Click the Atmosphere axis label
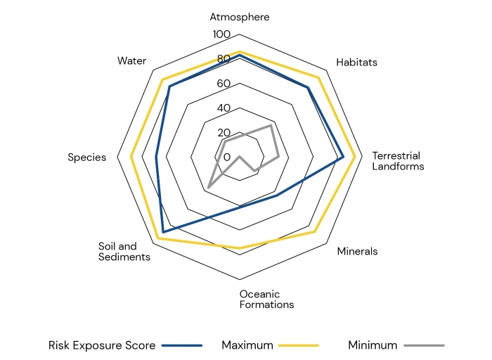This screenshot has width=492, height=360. [240, 17]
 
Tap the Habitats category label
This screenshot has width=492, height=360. [356, 62]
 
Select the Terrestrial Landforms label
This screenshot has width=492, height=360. [398, 161]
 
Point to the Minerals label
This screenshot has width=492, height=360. [357, 251]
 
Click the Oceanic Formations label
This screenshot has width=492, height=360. [266, 299]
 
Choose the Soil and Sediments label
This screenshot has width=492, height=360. [124, 252]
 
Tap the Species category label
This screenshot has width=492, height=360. [86, 157]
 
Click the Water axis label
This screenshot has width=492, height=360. [132, 60]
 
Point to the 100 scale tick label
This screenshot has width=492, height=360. [221, 34]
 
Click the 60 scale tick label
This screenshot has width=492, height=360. [223, 84]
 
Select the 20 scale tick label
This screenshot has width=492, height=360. [223, 133]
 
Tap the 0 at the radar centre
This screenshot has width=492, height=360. [226, 157]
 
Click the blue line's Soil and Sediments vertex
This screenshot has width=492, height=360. [163, 231]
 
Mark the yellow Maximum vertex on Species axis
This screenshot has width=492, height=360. [131, 157]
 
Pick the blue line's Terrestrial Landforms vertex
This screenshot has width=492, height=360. [343, 157]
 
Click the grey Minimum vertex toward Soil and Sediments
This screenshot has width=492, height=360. [208, 187]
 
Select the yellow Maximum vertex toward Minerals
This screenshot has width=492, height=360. [315, 231]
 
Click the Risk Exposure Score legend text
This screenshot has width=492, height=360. [103, 345]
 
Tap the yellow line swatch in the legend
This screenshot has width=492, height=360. [299, 345]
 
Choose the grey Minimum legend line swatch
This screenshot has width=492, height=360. [425, 345]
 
